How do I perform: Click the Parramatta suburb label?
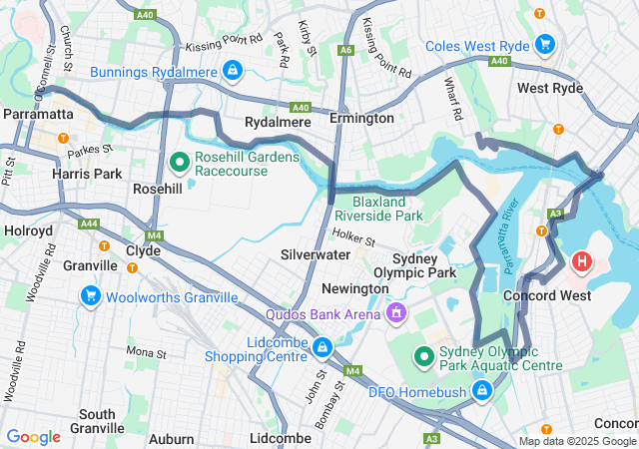[38, 115]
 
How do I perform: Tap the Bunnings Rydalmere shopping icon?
[232, 70]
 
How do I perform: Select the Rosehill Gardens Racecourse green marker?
[181, 161]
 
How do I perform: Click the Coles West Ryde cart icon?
[545, 44]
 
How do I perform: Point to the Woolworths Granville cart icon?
[91, 296]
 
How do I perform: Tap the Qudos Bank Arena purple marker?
[397, 314]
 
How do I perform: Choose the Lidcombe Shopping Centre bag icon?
[321, 347]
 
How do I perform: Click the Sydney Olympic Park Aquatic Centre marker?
[423, 355]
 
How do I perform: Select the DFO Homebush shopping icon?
[483, 390]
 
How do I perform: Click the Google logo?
[33, 436]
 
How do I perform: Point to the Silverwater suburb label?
[315, 254]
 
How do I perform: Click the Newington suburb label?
[354, 288]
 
